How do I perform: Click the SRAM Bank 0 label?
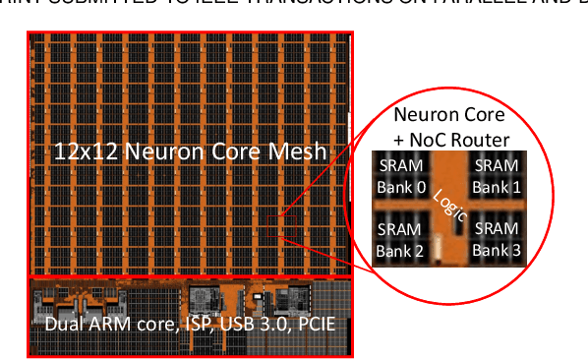click(400, 176)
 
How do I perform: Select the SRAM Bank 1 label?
click(496, 176)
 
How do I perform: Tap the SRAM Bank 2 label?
click(400, 238)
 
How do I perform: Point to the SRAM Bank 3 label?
click(496, 238)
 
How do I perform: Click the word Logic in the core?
click(449, 203)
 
